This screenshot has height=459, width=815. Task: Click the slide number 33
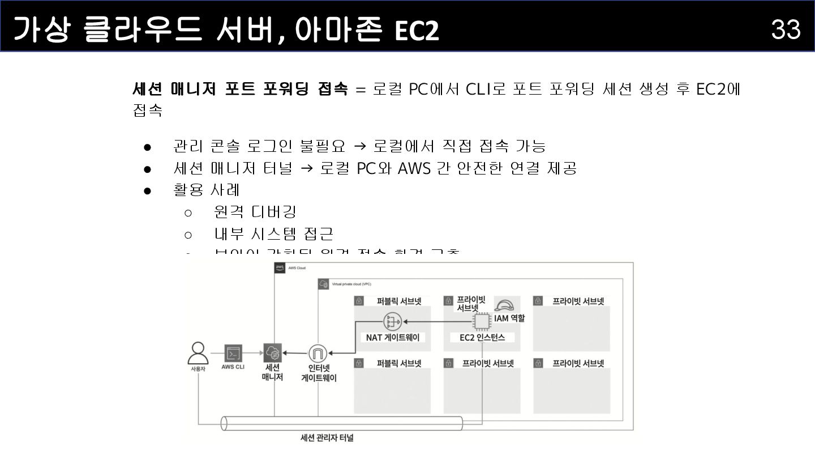[786, 29]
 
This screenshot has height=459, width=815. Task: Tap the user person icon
[198, 352]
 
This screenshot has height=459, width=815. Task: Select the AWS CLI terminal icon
[233, 353]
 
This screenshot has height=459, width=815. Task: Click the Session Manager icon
[272, 353]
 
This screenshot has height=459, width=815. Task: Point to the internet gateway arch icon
[318, 354]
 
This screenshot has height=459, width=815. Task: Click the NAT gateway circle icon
[392, 322]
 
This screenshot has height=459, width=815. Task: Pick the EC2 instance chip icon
[481, 321]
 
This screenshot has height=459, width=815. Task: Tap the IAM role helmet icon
[504, 305]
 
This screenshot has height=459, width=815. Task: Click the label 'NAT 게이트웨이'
[392, 337]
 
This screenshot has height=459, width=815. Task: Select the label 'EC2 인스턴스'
[482, 337]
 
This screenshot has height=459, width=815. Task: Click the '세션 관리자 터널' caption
[327, 437]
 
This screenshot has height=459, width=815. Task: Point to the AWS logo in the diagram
[280, 267]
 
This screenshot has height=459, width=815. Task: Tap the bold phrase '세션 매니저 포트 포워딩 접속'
[240, 89]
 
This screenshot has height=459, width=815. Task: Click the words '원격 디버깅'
[255, 212]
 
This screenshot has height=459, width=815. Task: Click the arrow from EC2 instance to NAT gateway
[436, 322]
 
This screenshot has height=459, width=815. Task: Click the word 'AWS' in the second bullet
[414, 168]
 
